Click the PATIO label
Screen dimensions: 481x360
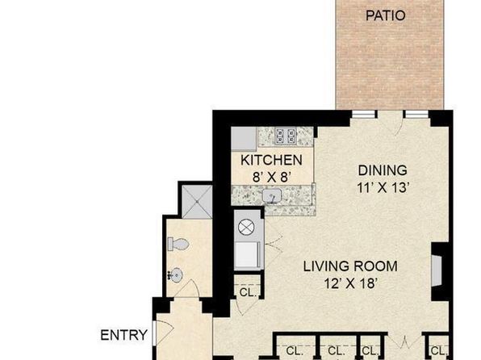386,15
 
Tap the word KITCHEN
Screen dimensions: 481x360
271,160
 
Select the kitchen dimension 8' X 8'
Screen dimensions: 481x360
271,177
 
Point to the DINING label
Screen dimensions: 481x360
383,170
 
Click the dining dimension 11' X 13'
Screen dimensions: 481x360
383,187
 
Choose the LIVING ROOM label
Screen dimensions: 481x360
350,266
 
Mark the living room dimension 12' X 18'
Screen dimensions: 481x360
350,283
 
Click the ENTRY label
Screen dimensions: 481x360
124,335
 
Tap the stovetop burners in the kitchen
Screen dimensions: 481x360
286,136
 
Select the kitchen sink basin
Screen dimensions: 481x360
272,195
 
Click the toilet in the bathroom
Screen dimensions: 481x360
178,245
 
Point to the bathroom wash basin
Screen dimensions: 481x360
176,274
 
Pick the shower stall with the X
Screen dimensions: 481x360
197,202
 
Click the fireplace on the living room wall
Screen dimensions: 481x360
437,270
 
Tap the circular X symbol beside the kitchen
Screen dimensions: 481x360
246,228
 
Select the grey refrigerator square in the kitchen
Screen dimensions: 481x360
244,139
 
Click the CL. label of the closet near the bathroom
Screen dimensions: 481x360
248,293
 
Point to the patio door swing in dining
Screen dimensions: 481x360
399,127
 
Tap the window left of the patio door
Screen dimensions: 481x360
364,114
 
